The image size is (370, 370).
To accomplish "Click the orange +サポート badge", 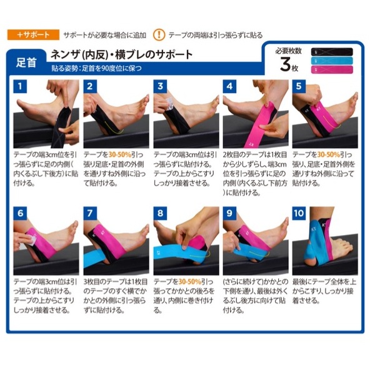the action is click(x=33, y=35).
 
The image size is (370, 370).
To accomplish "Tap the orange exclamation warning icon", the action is click(x=159, y=35).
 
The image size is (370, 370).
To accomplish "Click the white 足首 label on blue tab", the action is click(x=26, y=62).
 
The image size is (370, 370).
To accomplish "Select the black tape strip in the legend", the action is click(x=332, y=52).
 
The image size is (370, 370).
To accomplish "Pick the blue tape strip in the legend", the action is click(x=332, y=61).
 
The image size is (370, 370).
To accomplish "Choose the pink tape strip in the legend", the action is click(x=332, y=69).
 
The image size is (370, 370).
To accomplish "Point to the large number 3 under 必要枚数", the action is click(x=286, y=64).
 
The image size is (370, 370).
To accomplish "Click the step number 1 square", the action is click(x=20, y=86).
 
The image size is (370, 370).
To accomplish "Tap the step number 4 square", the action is click(x=229, y=86).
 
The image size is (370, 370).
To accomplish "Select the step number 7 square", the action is click(x=90, y=213).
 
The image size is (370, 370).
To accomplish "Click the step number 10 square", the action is click(x=299, y=213).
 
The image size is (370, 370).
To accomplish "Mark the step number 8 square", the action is click(x=160, y=213).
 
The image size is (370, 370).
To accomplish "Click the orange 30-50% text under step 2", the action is click(x=120, y=155).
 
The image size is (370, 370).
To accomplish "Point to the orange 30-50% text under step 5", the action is click(x=329, y=155).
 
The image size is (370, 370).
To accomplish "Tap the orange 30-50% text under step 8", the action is click(x=190, y=282).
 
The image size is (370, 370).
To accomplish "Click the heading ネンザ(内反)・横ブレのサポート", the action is click(x=122, y=54).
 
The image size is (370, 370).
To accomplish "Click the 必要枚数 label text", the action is click(x=288, y=51).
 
